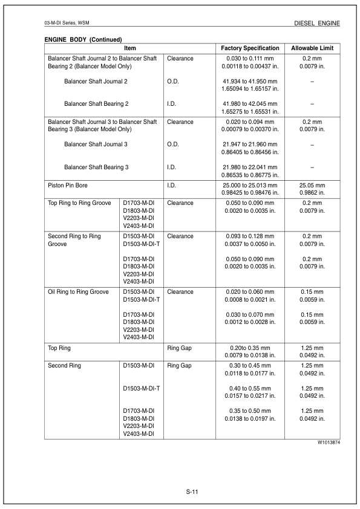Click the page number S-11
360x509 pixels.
point(192,492)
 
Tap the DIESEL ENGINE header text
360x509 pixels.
point(317,23)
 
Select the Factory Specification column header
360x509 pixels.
point(250,48)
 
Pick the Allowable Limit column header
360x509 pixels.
point(312,48)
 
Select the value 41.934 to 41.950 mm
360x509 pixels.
point(250,80)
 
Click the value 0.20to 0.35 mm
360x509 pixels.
point(250,348)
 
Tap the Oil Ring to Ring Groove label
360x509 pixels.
point(78,291)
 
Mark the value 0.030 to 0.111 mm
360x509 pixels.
point(250,58)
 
